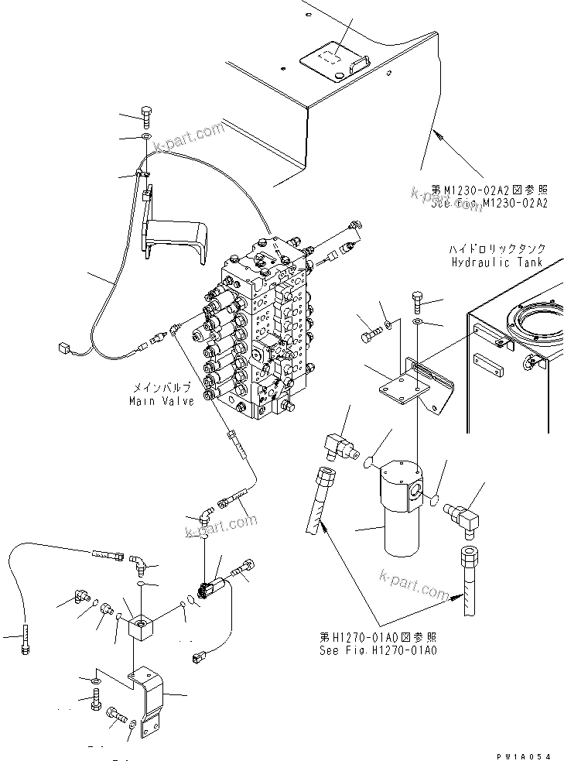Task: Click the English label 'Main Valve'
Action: tap(162, 400)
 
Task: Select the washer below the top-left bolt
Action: tap(147, 138)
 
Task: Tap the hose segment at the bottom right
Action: tap(469, 582)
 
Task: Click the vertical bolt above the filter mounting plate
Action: tap(417, 299)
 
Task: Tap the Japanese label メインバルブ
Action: tap(162, 388)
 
